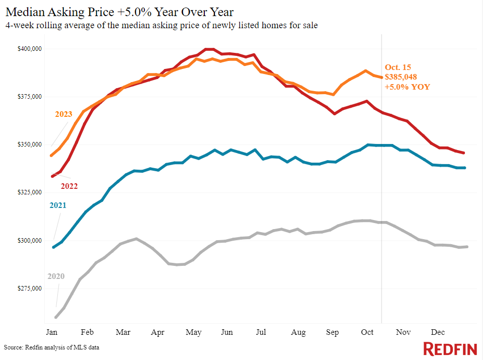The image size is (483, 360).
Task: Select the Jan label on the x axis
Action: click(x=52, y=332)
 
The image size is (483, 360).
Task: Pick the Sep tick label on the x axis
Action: click(x=333, y=332)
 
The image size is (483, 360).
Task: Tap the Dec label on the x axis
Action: click(x=437, y=332)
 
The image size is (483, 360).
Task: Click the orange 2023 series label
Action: click(x=63, y=114)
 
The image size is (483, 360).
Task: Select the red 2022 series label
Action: click(x=69, y=186)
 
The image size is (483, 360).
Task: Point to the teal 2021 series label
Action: click(x=57, y=205)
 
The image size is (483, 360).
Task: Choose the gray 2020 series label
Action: click(x=56, y=276)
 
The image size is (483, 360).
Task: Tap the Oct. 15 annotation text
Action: click(x=397, y=67)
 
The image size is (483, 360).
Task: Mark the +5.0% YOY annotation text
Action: click(x=407, y=87)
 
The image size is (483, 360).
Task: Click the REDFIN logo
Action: click(x=449, y=348)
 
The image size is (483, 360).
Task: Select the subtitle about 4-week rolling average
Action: click(x=162, y=25)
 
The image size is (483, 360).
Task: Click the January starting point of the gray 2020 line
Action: click(x=55, y=317)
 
